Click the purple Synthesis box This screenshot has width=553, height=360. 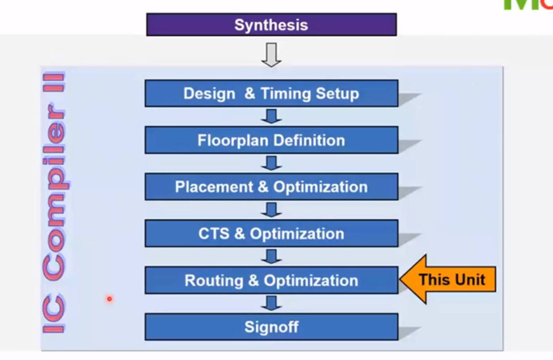(271, 25)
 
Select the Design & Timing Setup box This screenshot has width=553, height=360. (271, 93)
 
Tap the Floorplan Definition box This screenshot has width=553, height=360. (271, 140)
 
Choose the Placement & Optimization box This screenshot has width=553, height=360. (271, 187)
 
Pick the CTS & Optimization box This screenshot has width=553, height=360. (271, 233)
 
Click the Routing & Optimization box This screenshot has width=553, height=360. (271, 280)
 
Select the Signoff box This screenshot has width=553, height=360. (271, 327)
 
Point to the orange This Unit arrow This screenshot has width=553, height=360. (449, 280)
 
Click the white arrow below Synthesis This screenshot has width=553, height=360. (271, 55)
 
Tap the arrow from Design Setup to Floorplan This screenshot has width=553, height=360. (271, 116)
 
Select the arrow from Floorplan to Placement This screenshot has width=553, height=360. (271, 163)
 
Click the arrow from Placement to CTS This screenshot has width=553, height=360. (271, 209)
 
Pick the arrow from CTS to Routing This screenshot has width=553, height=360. (271, 256)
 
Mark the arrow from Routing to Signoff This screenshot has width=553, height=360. (271, 303)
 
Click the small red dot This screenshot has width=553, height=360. (109, 299)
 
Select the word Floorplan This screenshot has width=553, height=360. (232, 140)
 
